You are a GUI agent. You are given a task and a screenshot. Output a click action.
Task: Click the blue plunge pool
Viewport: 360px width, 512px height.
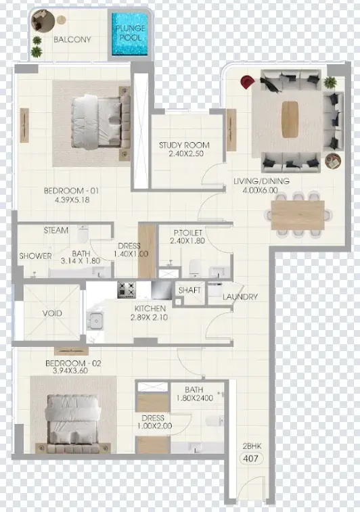[x=131, y=34]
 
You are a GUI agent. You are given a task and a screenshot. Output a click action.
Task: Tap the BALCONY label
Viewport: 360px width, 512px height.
[x=72, y=39]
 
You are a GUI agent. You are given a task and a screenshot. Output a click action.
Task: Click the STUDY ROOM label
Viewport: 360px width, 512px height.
[x=184, y=145]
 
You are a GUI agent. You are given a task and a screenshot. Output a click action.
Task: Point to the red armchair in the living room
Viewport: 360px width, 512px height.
[x=247, y=82]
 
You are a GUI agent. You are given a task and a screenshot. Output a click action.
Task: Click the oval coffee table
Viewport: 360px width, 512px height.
[x=290, y=119]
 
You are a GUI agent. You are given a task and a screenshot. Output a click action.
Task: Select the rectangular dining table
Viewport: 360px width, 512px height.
[x=298, y=215]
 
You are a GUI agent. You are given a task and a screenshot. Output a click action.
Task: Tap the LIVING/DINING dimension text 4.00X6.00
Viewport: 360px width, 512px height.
[x=261, y=190]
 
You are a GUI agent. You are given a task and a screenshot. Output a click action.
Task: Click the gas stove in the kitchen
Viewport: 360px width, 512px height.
[x=127, y=289]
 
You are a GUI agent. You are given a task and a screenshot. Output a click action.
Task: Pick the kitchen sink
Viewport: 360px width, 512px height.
[x=95, y=320]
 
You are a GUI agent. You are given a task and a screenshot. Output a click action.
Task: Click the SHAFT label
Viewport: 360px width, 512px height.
[x=189, y=290]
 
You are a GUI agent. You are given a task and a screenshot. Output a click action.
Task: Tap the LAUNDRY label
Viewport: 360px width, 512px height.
[x=240, y=297]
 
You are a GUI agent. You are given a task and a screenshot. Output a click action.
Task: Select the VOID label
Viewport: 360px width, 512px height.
[x=52, y=313]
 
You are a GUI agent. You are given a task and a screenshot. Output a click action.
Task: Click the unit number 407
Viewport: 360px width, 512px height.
[x=251, y=459]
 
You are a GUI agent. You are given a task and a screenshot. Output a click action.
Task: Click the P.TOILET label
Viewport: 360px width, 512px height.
[x=188, y=233]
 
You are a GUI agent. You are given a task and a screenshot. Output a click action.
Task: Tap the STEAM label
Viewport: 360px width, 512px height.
[x=56, y=230]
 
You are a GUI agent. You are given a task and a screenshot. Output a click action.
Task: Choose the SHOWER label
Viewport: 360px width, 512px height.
[x=35, y=256]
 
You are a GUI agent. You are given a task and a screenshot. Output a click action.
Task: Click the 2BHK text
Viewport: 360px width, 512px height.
[x=252, y=446]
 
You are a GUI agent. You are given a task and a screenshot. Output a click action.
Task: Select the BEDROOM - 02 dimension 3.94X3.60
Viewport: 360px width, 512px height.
[x=70, y=371]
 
